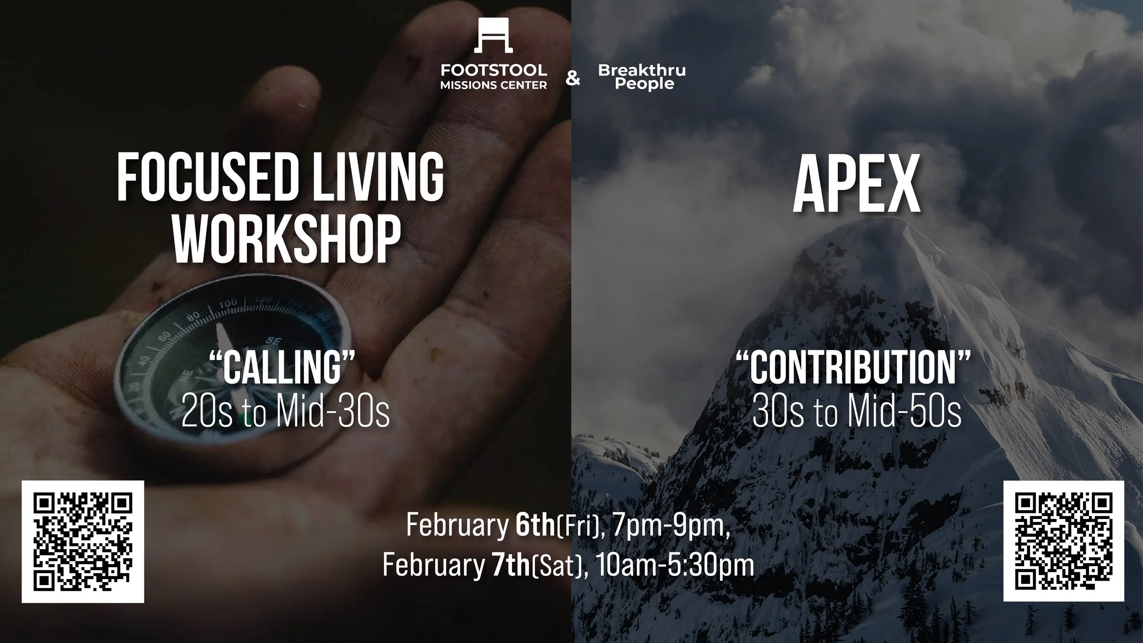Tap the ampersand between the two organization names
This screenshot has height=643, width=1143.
572,79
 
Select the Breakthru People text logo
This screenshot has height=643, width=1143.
642,77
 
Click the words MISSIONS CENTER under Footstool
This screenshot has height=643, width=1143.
493,85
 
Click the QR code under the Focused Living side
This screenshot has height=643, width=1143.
83,541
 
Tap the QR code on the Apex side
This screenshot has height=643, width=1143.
1063,541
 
